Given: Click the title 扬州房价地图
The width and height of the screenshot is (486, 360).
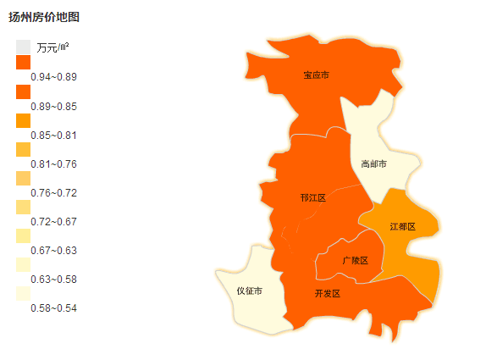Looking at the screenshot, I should pyautogui.click(x=44, y=17).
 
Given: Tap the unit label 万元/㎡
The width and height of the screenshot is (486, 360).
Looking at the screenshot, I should pyautogui.click(x=52, y=47).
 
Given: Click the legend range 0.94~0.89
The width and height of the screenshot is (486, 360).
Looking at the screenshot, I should pyautogui.click(x=53, y=77).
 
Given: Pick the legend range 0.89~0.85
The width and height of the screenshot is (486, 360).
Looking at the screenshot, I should pyautogui.click(x=53, y=106).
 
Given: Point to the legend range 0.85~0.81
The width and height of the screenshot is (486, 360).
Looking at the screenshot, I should pyautogui.click(x=53, y=135).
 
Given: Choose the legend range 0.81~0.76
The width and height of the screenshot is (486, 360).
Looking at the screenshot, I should pyautogui.click(x=53, y=163).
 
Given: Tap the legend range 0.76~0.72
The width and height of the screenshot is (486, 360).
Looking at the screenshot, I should pyautogui.click(x=53, y=192).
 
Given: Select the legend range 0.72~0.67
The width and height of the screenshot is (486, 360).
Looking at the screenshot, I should pyautogui.click(x=53, y=221).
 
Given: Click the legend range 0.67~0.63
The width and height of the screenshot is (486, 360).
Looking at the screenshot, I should pyautogui.click(x=53, y=250).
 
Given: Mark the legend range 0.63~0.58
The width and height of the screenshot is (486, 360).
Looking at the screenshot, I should pyautogui.click(x=53, y=279).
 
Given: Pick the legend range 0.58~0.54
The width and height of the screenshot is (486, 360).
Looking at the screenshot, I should pyautogui.click(x=53, y=307).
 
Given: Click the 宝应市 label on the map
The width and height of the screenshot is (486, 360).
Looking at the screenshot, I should pyautogui.click(x=316, y=75).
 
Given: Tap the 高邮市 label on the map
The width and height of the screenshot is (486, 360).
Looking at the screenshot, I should pyautogui.click(x=373, y=163).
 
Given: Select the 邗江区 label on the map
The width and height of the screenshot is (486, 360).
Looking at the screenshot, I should pyautogui.click(x=312, y=197).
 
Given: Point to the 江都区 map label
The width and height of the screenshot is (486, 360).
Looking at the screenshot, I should pyautogui.click(x=402, y=227).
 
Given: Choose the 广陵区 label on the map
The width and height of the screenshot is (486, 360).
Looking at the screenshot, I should pyautogui.click(x=355, y=260).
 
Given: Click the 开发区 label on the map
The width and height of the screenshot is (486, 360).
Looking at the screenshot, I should pyautogui.click(x=326, y=293).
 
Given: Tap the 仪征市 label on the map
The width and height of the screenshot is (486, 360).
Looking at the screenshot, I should pyautogui.click(x=249, y=291).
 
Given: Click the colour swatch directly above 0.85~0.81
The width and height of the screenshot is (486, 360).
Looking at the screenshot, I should pyautogui.click(x=23, y=120).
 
